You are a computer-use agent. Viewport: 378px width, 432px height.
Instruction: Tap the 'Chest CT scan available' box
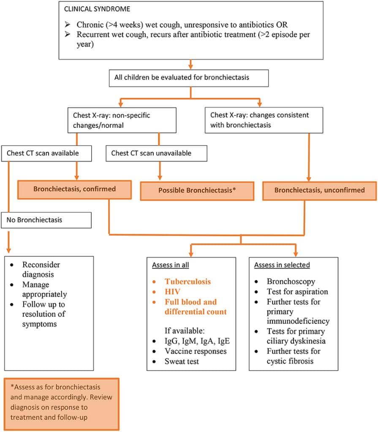click(46, 153)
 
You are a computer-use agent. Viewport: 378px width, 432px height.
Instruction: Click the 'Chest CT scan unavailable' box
click(156, 153)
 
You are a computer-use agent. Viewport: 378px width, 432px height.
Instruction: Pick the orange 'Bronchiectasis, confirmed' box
click(76, 189)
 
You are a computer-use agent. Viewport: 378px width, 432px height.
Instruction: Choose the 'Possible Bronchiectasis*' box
click(197, 190)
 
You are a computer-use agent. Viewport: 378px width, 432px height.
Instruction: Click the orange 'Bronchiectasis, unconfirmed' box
click(319, 190)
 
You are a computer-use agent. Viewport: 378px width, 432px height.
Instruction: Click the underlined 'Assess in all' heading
click(171, 265)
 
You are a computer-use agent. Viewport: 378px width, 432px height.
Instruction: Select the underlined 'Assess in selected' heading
click(282, 265)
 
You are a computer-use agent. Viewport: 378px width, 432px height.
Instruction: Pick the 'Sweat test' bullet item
click(182, 361)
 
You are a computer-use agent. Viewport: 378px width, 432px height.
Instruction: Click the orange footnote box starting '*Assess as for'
click(62, 403)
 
